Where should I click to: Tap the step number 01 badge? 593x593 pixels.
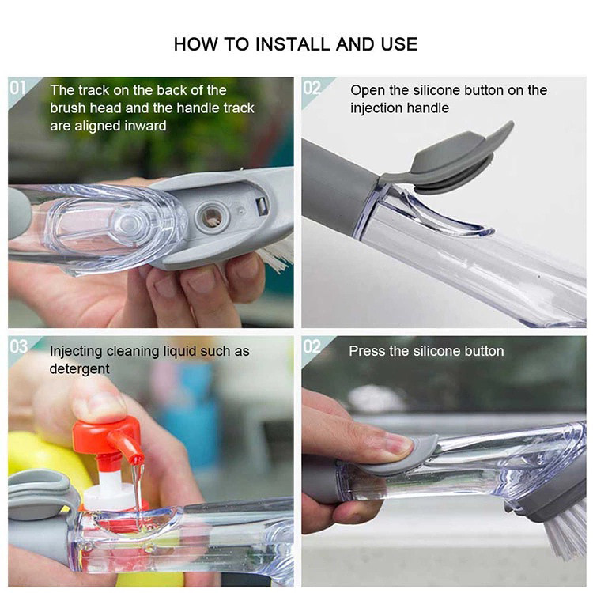(17, 88)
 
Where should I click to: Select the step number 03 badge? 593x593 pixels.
(18, 347)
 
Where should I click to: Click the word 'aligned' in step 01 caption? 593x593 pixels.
(96, 127)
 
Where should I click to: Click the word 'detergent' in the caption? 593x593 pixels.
(79, 369)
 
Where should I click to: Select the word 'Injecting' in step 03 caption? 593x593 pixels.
(76, 351)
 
